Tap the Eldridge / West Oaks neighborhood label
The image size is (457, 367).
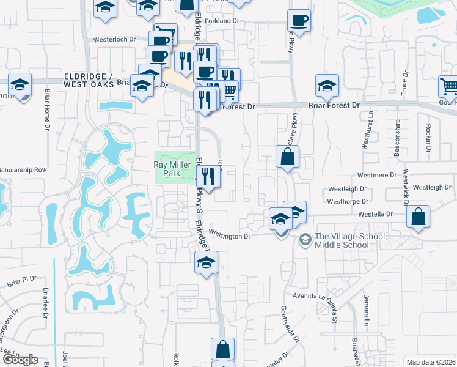[x=89, y=80]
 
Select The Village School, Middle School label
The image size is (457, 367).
[x=342, y=241]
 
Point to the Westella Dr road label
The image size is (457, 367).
[x=389, y=213]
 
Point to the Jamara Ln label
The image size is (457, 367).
[x=367, y=316]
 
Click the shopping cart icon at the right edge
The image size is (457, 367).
[x=449, y=86]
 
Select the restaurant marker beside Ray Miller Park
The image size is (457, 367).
[x=209, y=176]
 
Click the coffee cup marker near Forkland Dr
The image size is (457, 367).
[x=299, y=20]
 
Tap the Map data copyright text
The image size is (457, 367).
[x=431, y=362]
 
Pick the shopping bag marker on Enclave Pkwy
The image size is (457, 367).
[x=287, y=157]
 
